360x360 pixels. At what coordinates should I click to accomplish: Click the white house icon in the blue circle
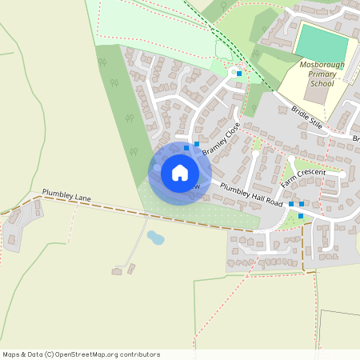pos(180,173)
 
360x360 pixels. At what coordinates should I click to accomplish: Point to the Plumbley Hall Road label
pos(252,196)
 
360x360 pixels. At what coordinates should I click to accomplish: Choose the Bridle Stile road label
pos(306,118)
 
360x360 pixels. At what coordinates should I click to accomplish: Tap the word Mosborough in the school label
pos(322,62)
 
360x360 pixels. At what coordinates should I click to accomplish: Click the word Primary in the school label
pos(322,73)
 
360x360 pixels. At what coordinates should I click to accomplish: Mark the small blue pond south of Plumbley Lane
pos(155,238)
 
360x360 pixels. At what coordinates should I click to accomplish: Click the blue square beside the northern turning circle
pos(238,74)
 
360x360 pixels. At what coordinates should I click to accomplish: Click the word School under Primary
pos(322,83)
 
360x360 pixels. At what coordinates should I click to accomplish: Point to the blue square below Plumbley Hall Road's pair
pos(301,216)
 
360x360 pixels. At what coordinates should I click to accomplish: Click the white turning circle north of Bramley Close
pos(233,73)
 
